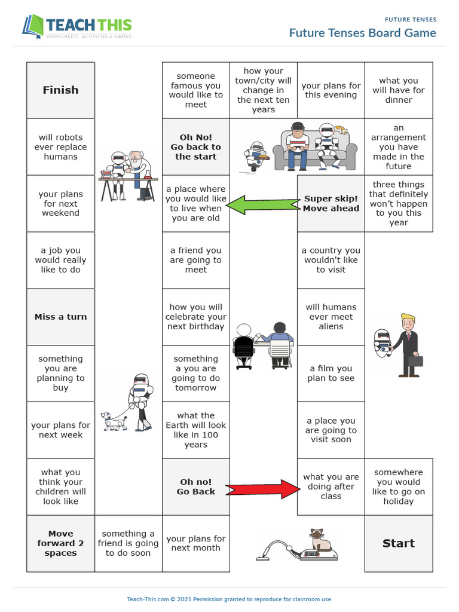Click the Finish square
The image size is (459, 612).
(60, 90)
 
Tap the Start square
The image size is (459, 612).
(398, 543)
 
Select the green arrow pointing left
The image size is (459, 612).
(263, 204)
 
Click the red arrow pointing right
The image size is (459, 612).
(264, 488)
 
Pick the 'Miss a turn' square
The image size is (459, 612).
(60, 317)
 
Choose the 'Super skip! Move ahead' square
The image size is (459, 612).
(331, 204)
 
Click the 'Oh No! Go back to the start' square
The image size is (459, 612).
(195, 147)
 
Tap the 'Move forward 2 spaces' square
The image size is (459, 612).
(60, 543)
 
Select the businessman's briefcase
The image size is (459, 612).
(415, 360)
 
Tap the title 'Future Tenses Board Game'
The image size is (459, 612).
(362, 33)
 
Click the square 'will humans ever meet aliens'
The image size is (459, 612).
(331, 317)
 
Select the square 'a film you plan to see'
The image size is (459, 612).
(331, 374)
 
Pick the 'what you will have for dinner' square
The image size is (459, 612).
(398, 90)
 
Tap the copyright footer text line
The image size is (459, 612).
(229, 599)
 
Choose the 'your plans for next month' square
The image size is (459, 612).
(195, 543)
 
